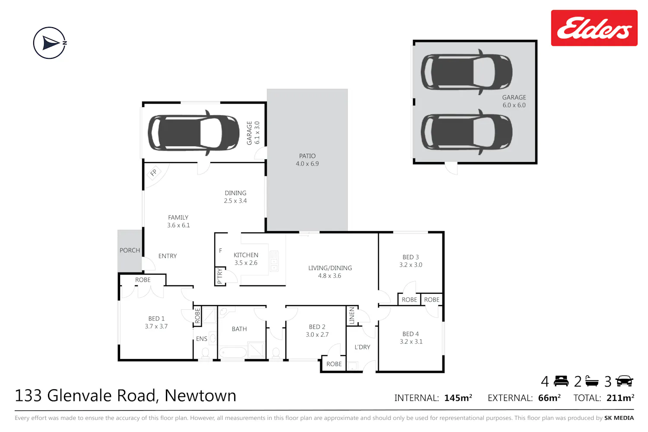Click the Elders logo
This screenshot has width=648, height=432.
pos(594,28)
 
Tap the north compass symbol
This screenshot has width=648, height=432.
pos(50,43)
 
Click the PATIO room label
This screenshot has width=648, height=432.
pos(307,156)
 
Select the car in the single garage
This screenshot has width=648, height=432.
pos(194,133)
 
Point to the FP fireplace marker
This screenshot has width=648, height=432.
pos(154,173)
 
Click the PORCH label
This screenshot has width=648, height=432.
pos(130,250)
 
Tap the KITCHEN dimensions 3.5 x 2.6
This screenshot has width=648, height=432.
pos(246,263)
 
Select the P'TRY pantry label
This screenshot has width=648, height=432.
pos(219,276)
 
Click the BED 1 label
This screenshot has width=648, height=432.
pos(156,318)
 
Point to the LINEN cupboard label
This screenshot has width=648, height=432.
pos(352,315)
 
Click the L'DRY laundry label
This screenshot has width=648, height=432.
pos(362,347)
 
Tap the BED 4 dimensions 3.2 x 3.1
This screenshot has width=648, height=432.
pos(411,342)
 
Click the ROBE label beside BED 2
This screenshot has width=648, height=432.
pos(334,364)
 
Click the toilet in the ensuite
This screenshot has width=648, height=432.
pos(205,353)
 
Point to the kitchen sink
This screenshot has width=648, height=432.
pos(273,261)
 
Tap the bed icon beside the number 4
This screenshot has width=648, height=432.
pos(561,381)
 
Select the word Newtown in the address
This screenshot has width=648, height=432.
pos(200,396)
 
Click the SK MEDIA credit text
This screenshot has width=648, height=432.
pos(619,418)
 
